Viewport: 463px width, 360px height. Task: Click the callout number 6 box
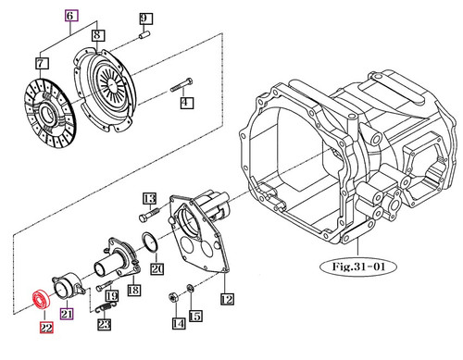tap(70, 17)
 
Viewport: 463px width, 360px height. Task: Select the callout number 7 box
tap(41, 63)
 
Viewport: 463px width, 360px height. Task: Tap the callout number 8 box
tap(97, 35)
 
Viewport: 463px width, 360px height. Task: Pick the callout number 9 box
tap(144, 19)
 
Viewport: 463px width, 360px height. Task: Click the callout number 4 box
tap(185, 104)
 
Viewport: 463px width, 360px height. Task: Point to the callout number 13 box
tap(147, 197)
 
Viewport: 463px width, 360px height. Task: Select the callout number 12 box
tap(227, 298)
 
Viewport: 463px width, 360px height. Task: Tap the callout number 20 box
tap(156, 268)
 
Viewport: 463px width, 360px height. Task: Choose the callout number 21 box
tap(67, 314)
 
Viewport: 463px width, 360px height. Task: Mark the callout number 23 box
tap(104, 324)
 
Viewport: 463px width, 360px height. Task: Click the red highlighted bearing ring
tap(41, 298)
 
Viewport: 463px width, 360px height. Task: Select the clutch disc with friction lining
tap(44, 109)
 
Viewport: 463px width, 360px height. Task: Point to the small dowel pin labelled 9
tap(146, 36)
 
